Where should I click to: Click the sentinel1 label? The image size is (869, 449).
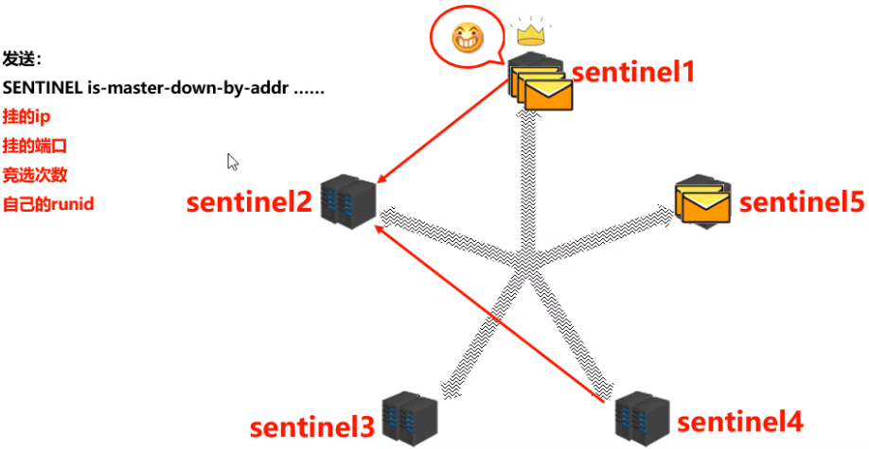pyautogui.click(x=631, y=72)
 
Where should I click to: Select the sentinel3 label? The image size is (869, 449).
pyautogui.click(x=312, y=427)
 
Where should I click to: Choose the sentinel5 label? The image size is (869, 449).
pyautogui.click(x=802, y=202)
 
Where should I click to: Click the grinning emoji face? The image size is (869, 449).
pyautogui.click(x=467, y=39)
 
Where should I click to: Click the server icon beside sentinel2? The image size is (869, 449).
pyautogui.click(x=347, y=199)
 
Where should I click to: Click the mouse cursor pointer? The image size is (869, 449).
pyautogui.click(x=233, y=162)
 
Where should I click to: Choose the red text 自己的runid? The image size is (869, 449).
pyautogui.click(x=48, y=203)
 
